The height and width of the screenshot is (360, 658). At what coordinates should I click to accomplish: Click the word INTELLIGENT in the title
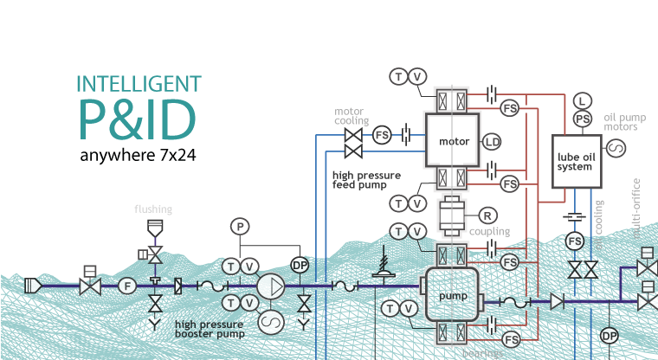139,84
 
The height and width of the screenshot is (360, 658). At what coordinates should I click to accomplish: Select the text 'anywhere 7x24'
138,157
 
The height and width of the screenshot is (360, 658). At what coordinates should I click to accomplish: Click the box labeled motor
454,141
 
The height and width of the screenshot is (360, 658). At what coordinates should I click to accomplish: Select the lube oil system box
575,161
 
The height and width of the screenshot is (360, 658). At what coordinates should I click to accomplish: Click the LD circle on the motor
492,141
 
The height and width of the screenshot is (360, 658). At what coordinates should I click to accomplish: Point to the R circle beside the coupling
487,214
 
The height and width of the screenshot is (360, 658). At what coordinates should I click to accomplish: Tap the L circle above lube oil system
583,101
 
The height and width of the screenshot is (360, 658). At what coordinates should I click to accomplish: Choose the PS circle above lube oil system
583,118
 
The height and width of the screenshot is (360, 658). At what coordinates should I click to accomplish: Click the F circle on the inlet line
127,285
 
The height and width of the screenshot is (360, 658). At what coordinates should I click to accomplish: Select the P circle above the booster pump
240,227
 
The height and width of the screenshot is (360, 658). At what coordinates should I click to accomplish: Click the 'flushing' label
153,209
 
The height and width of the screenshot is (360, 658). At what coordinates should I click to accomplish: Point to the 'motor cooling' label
352,116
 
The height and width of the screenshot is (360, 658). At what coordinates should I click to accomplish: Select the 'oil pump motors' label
621,121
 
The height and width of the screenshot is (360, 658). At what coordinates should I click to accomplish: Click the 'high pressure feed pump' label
368,179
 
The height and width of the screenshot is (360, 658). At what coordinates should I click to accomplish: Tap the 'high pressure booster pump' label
210,328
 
